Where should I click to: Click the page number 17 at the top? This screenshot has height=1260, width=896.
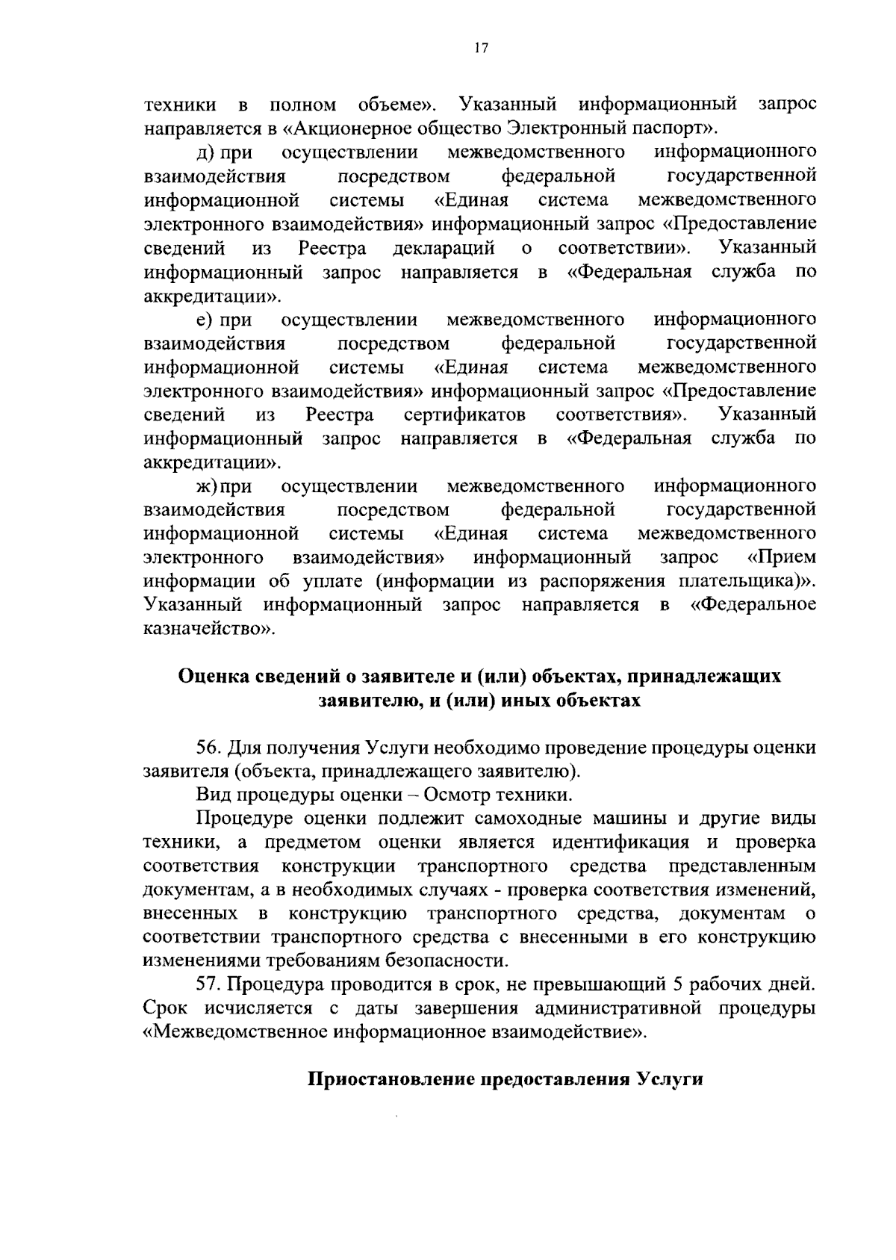click(x=480, y=49)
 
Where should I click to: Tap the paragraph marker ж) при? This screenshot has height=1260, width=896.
click(x=223, y=487)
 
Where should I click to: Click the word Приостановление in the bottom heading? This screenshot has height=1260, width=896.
click(x=390, y=1081)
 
